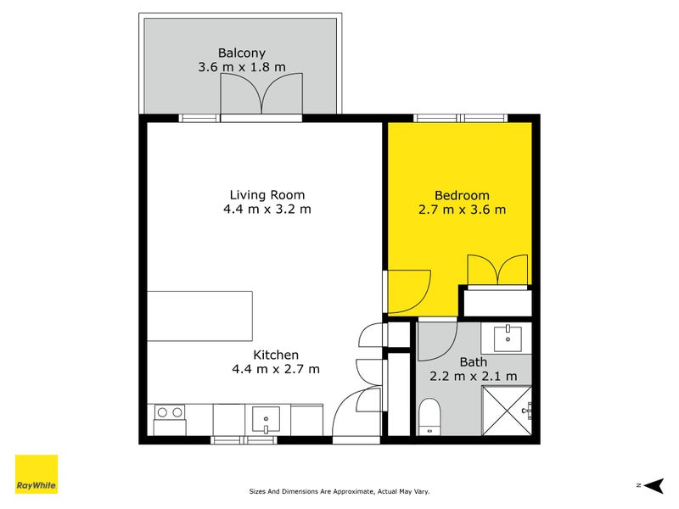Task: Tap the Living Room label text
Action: coord(267,194)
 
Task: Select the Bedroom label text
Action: coord(462,194)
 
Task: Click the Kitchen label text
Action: coord(276,355)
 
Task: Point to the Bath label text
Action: coord(474,361)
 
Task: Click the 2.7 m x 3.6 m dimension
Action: coord(462,210)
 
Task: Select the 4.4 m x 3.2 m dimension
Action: coord(267,210)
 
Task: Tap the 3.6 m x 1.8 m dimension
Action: coord(242,67)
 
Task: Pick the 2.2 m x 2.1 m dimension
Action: coord(474,377)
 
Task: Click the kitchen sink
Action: coord(267,418)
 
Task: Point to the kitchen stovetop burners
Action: coord(170,413)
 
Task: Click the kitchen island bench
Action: coord(199,316)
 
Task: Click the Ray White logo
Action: coord(36,474)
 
